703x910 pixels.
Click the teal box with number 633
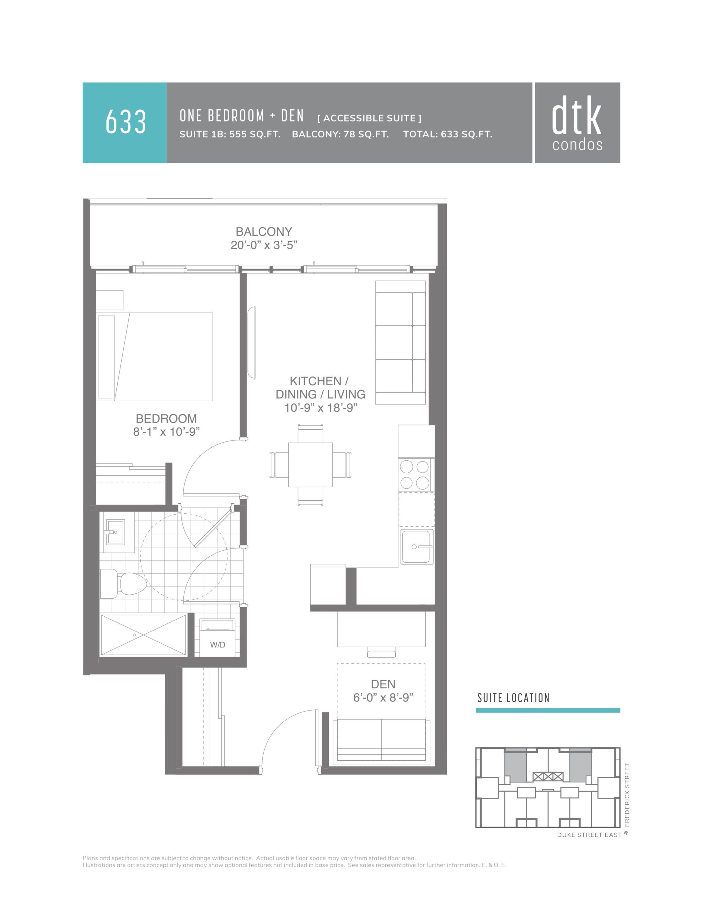pos(125,123)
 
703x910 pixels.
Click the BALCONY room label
pos(264,231)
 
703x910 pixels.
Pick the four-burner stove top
pos(415,475)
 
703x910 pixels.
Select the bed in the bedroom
pos(155,357)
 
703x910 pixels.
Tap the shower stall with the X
pos(143,635)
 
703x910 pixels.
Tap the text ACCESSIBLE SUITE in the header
pos(369,118)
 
